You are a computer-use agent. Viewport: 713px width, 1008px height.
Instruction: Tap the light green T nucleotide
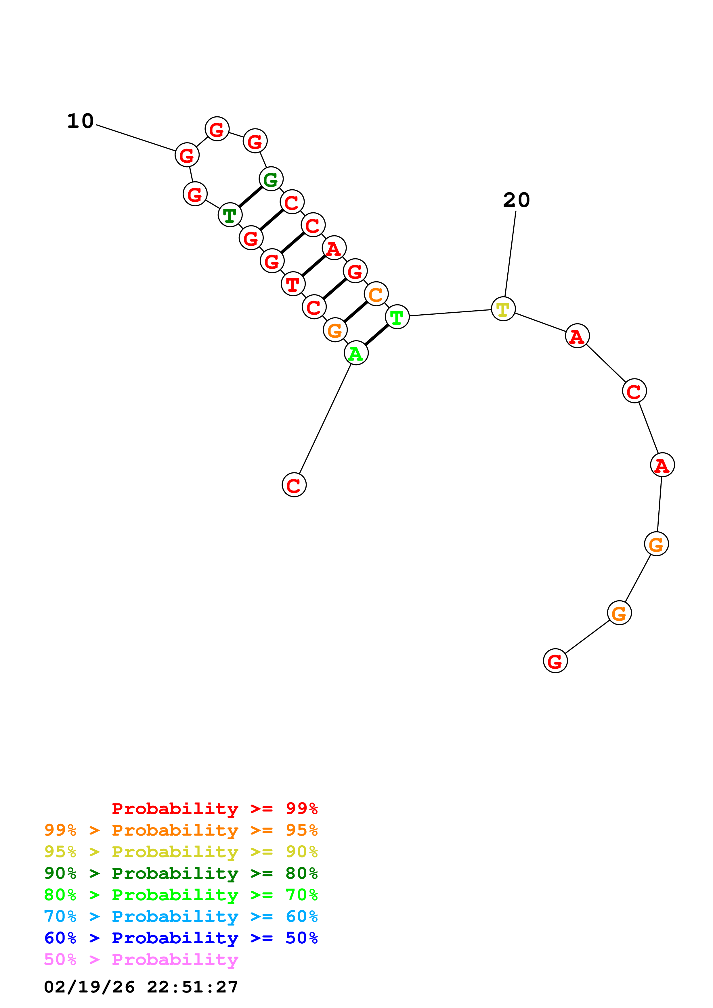pos(397,317)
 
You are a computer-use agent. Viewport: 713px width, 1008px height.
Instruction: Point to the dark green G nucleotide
pos(271,179)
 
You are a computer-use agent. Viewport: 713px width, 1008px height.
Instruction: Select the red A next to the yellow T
pos(577,336)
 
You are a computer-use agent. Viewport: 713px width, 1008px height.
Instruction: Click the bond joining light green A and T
pos(376,335)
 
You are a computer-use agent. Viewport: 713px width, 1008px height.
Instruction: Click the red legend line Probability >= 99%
pos(214,808)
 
